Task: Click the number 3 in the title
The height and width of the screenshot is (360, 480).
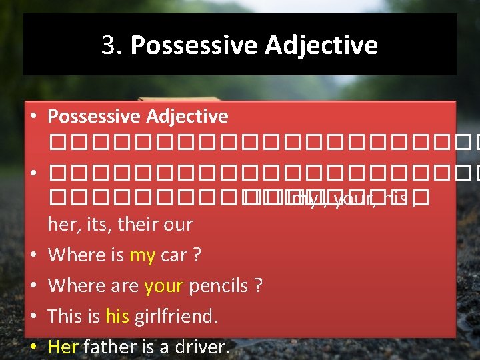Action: pyautogui.click(x=109, y=45)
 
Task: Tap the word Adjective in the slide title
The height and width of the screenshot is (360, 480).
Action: pyautogui.click(x=321, y=45)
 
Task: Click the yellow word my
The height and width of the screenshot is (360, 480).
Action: pyautogui.click(x=142, y=255)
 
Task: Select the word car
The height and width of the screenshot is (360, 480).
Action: pyautogui.click(x=173, y=255)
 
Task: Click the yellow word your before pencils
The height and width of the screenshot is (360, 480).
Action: pyautogui.click(x=163, y=286)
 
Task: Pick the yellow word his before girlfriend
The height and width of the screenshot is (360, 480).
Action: pyautogui.click(x=117, y=316)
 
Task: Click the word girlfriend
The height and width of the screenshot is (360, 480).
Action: pyautogui.click(x=176, y=316)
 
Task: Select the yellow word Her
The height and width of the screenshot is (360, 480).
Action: pyautogui.click(x=63, y=347)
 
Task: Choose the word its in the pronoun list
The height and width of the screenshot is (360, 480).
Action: pyautogui.click(x=97, y=225)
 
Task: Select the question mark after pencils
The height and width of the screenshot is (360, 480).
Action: pyautogui.click(x=257, y=286)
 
